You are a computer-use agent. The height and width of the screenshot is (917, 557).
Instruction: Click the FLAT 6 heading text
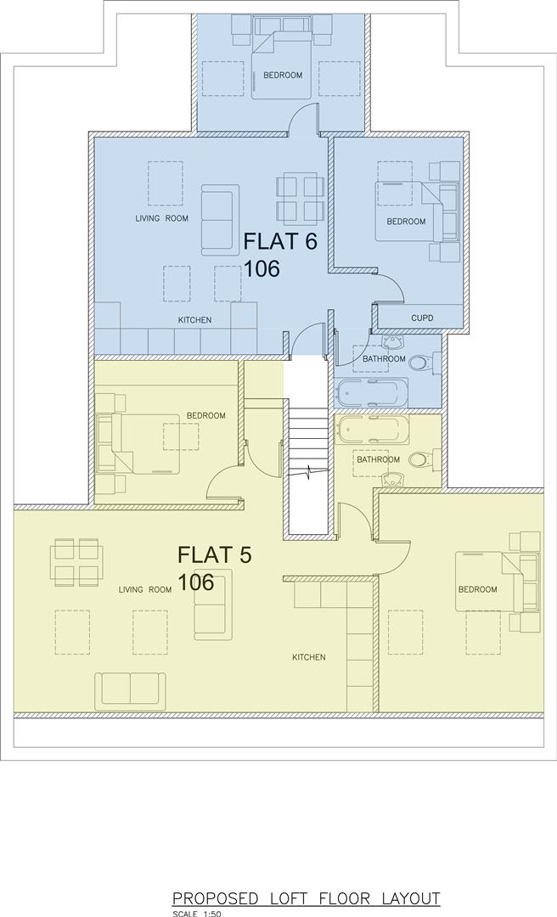280,241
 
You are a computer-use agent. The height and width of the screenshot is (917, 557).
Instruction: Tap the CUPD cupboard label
422,318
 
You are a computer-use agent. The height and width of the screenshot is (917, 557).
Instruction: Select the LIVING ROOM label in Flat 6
161,218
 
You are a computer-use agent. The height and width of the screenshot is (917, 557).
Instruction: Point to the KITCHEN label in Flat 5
309,657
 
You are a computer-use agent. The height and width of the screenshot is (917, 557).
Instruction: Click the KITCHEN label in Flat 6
194,320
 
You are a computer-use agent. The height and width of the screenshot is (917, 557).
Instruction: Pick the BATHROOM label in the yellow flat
378,459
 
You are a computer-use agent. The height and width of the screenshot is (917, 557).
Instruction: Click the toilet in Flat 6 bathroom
421,363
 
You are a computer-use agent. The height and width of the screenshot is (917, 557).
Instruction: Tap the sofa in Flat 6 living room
218,220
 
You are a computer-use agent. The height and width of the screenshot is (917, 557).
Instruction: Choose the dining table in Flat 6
300,198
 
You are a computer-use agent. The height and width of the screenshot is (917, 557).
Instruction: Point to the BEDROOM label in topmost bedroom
283,75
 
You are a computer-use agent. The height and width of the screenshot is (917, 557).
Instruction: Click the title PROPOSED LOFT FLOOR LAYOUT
307,898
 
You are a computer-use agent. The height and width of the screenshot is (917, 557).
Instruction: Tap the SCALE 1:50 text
195,914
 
